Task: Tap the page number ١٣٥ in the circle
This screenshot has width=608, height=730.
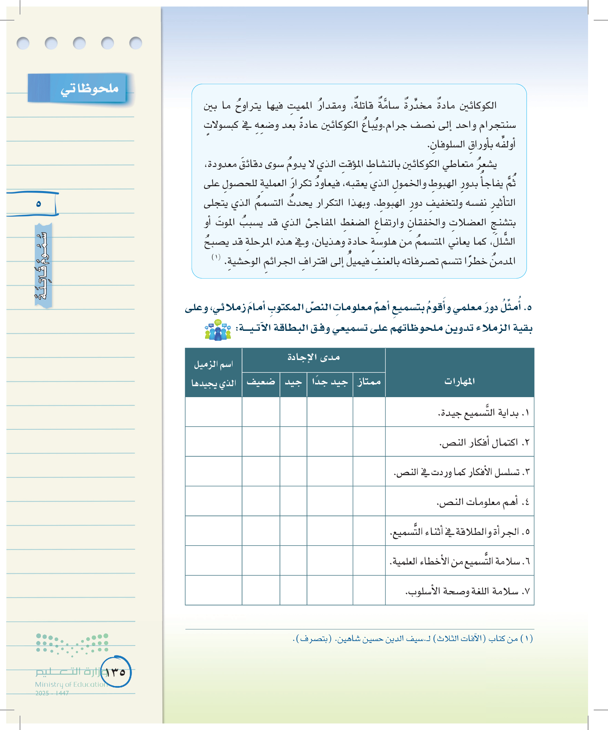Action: coord(116,672)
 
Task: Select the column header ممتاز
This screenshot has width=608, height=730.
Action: coord(369,382)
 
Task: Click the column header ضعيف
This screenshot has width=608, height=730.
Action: coord(261,382)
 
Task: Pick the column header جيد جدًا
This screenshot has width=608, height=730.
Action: coord(329,382)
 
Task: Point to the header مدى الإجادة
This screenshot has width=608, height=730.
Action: coord(313,357)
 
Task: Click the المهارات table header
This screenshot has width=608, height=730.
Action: coord(459,381)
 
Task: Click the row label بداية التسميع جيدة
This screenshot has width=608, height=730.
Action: coord(483,413)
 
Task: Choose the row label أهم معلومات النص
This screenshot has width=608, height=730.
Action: coord(483,502)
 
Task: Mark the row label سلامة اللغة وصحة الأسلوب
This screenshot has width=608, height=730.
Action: coord(467,591)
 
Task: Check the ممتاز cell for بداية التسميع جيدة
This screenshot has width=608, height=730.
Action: coord(369,412)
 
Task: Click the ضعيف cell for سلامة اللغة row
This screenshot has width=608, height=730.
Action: coord(261,590)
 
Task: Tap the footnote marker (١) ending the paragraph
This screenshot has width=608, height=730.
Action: coord(216,257)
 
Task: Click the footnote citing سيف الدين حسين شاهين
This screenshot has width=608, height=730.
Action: coord(413,639)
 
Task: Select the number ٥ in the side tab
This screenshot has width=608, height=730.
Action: coord(38,204)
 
